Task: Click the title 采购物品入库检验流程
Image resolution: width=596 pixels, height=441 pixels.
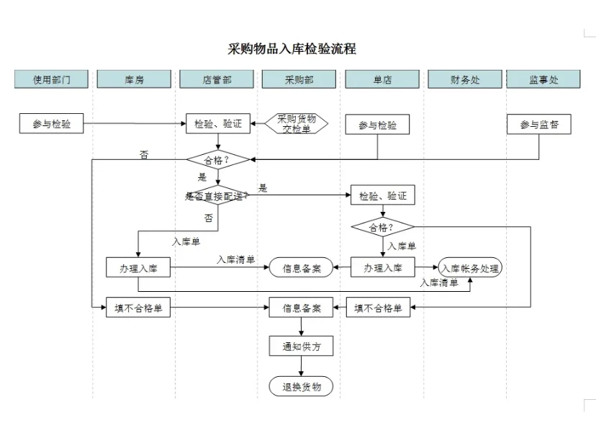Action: tap(292, 49)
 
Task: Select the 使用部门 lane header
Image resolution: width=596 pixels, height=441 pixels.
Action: tap(51, 79)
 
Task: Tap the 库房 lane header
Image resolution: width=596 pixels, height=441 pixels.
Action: tap(134, 79)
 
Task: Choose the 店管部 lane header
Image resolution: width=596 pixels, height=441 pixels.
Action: tap(217, 79)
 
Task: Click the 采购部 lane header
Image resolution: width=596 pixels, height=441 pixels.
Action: tap(299, 79)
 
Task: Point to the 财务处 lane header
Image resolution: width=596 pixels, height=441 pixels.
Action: tap(464, 79)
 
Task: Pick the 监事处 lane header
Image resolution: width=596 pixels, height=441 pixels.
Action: tap(543, 79)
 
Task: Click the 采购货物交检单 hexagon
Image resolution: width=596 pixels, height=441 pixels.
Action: tap(297, 123)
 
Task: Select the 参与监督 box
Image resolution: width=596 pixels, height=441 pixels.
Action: tap(539, 125)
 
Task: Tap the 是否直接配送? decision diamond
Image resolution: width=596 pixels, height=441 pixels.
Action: tap(217, 195)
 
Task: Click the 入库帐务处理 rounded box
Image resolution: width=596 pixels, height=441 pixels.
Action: tap(470, 268)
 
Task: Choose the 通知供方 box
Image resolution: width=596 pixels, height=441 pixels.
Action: tap(301, 347)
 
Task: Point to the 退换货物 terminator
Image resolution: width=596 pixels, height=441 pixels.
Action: tap(301, 386)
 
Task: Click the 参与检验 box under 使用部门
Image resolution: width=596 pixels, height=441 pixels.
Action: tap(51, 124)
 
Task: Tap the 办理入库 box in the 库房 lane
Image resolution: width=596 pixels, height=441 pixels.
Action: tap(137, 268)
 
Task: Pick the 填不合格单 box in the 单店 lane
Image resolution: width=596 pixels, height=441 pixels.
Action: tap(379, 308)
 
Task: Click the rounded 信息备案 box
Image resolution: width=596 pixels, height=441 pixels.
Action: tap(301, 268)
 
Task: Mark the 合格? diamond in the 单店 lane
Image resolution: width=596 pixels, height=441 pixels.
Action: tap(382, 228)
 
